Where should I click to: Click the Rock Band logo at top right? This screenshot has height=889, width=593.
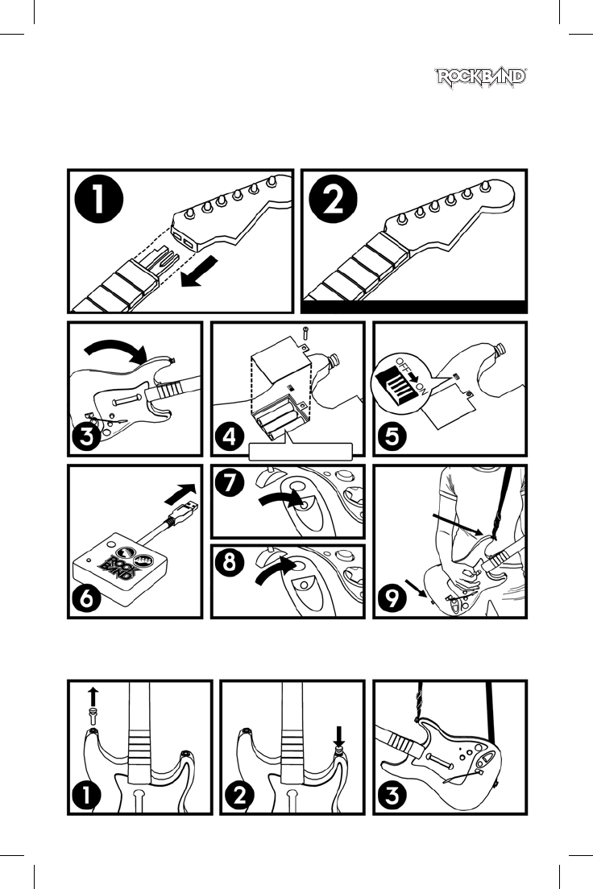coord(481,77)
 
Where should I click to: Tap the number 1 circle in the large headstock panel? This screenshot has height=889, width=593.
coord(99,200)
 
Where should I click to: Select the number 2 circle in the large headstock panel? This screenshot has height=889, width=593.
coord(334,200)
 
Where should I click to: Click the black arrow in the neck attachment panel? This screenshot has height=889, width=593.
coord(199,271)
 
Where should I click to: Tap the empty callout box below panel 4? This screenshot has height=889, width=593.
coord(301,451)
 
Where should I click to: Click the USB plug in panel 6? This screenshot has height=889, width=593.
coord(183,512)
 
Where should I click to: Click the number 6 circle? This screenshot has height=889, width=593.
coord(87,597)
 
